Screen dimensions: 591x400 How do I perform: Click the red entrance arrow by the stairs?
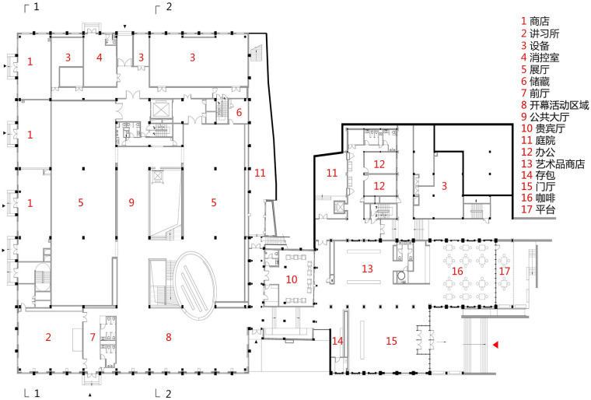pos(496,345)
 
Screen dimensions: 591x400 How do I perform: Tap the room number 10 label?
pos(292,279)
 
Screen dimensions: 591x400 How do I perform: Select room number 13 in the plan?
pos(367,268)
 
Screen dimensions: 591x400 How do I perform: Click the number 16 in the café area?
pos(457,271)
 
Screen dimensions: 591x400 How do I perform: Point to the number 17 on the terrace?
pos(505,271)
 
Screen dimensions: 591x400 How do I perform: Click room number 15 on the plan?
pos(391,341)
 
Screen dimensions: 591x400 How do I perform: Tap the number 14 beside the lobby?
pos(337,341)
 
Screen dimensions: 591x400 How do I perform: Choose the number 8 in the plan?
pos(169,338)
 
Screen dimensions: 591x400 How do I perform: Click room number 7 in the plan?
pos(93,337)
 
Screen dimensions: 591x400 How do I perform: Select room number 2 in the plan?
pos(48,337)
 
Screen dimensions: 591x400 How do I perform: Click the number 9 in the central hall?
pos(131,202)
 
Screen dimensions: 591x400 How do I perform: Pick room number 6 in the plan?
pos(239,113)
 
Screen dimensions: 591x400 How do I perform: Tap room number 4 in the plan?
pos(99,58)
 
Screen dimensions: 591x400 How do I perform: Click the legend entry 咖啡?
pos(545,198)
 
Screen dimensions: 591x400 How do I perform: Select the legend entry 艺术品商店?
pos(560,163)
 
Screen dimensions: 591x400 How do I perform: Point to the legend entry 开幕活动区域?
pos(559,105)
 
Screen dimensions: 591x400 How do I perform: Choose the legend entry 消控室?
pos(544,58)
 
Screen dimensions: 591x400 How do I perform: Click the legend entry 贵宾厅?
pos(551,128)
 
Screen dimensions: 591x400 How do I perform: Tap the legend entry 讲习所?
pos(544,33)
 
